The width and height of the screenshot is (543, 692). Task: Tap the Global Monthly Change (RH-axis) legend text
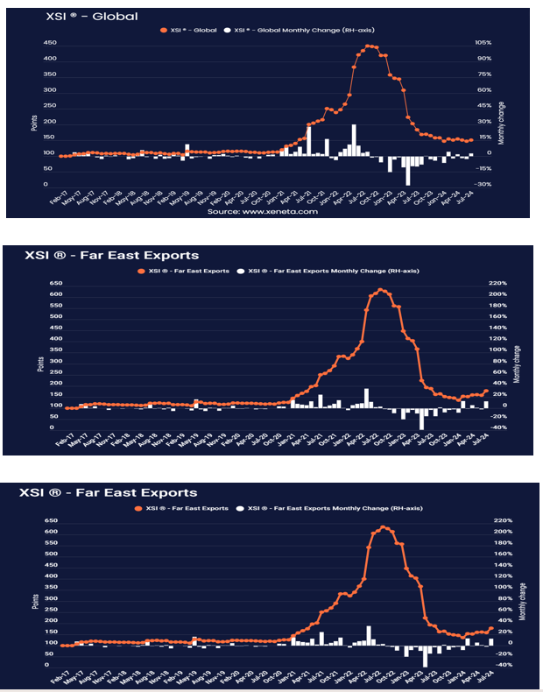pos(284,31)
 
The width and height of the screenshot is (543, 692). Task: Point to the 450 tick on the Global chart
pos(51,43)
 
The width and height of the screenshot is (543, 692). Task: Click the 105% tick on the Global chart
pos(483,43)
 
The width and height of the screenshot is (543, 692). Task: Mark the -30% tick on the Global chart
pos(483,185)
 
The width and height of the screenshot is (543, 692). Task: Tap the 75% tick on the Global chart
pos(483,74)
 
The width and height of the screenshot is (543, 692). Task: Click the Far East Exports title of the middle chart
pos(102,256)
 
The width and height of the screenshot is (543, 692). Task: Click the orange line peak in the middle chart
pos(381,289)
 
